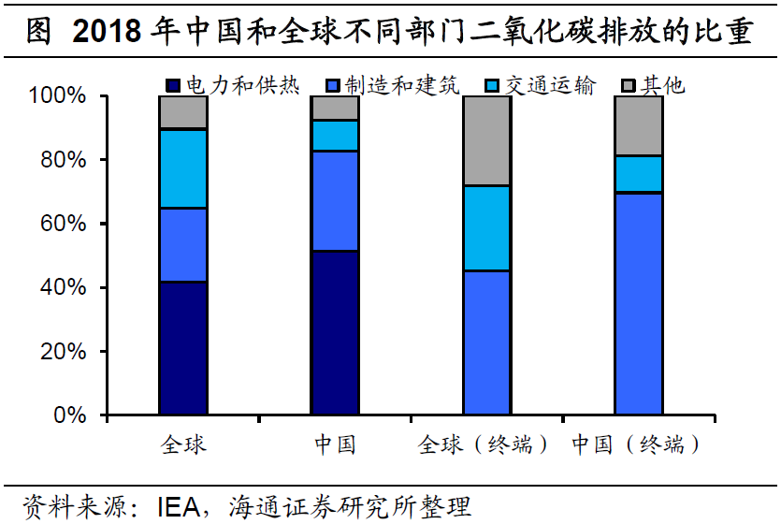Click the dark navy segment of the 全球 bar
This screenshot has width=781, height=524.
pos(183,347)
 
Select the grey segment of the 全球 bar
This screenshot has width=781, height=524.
pos(183,112)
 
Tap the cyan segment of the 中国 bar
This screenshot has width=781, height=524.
pos(335,136)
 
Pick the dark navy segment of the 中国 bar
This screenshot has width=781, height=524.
pos(335,332)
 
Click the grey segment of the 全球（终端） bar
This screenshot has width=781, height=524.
pos(486,140)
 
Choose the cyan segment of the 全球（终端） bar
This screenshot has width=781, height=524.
pos(486,228)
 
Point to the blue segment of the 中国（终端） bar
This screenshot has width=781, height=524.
pos(638,303)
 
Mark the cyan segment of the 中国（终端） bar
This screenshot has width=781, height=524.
pos(638,174)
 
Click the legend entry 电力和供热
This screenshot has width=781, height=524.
pos(233,86)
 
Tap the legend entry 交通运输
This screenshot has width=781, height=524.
pos(540,86)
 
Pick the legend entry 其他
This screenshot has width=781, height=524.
pos(654,86)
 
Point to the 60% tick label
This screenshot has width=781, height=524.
pos(65,224)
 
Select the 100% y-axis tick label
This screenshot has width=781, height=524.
pos(58,96)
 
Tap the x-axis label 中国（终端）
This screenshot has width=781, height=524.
pos(637,444)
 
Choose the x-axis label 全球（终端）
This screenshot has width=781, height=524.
pos(485,444)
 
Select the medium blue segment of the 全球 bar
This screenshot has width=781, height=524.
pos(183,244)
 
